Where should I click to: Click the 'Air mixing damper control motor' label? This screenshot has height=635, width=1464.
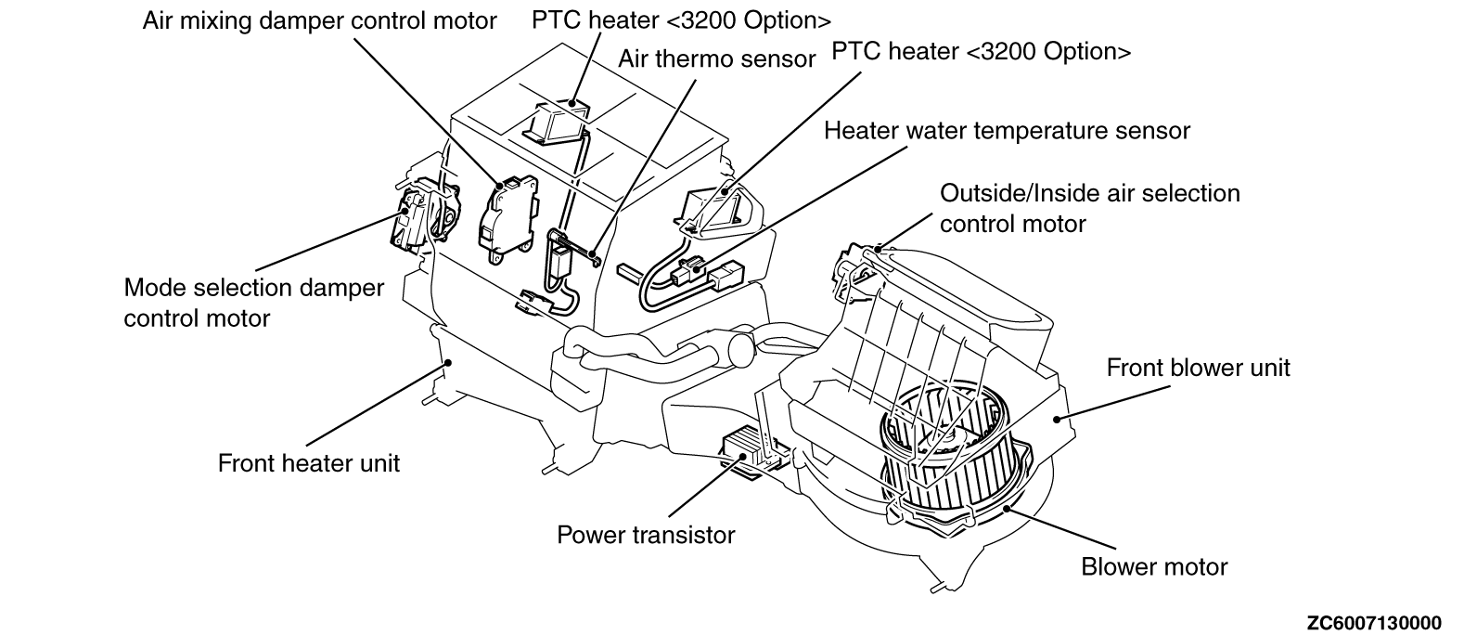point(319,20)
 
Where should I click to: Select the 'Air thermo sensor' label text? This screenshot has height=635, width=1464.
point(716,59)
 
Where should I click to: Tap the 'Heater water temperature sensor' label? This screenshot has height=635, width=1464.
point(1006,131)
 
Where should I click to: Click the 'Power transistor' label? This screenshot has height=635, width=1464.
point(645,535)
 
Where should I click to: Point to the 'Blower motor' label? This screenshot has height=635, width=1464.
point(1153,566)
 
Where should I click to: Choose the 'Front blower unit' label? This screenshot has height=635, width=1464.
point(1198,368)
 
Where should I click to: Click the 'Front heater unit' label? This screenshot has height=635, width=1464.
point(308,462)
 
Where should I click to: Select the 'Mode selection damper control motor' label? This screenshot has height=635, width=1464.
point(253,303)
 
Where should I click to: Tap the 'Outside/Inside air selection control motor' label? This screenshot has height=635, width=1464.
point(1089,208)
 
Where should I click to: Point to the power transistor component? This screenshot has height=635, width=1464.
point(753,452)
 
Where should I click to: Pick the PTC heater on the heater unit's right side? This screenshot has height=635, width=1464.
point(720,210)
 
